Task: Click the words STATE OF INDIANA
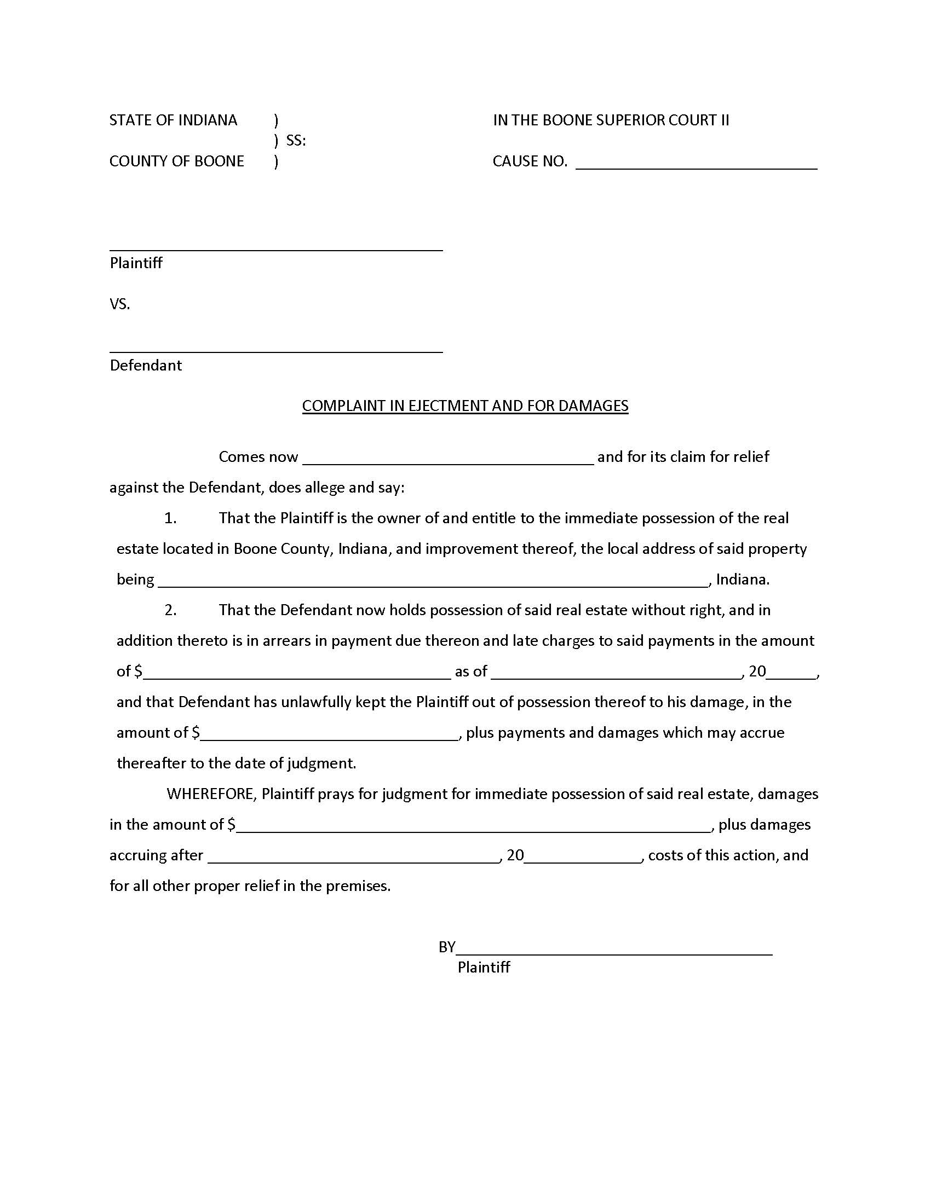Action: pos(173,120)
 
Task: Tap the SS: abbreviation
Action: pos(296,141)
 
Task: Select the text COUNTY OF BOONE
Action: pos(176,161)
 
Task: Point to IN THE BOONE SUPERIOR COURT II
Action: pos(611,120)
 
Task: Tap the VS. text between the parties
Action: pos(120,304)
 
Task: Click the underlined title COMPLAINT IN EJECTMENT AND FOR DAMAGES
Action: pos(465,406)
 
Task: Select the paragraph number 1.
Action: pos(170,518)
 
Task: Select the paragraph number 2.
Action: pos(170,610)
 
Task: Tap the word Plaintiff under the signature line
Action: pos(483,967)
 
